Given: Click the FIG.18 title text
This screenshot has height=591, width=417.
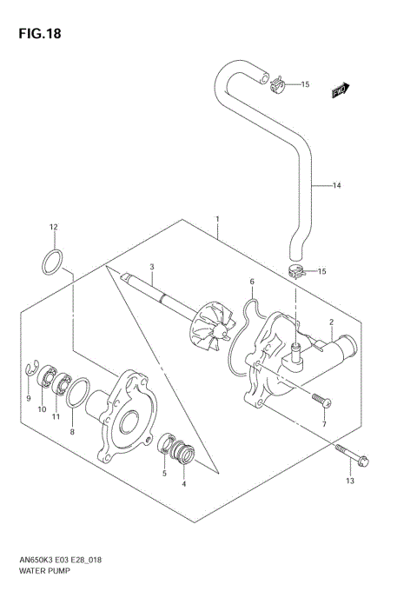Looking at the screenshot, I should coord(36,35).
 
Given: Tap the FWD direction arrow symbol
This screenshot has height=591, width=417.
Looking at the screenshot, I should coord(341,89).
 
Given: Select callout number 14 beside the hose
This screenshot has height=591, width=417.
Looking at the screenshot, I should coord(338,185).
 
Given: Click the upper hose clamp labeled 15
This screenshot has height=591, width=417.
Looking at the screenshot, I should coord(277,83).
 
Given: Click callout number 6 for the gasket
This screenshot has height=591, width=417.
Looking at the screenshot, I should coord(251,282).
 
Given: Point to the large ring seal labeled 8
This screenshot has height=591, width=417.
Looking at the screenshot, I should coord(76,393).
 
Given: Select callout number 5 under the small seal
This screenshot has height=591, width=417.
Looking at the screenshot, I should coord(165,473).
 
